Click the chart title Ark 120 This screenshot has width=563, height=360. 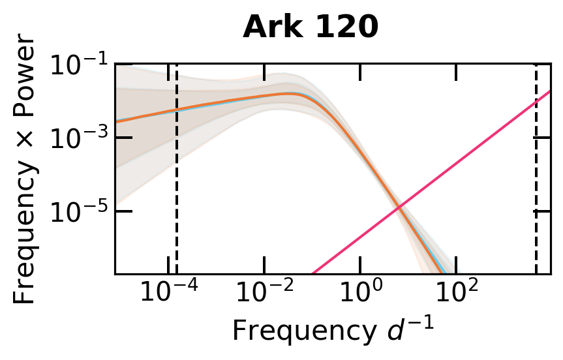tap(311, 28)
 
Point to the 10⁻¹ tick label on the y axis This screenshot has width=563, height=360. tap(76, 67)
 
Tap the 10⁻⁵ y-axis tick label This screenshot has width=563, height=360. tap(76, 211)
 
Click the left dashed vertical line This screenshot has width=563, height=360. tap(177, 196)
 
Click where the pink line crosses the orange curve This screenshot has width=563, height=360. tap(399, 207)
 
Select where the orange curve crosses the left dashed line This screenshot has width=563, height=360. tap(177, 110)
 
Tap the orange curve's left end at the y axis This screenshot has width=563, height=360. tap(116, 121)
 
